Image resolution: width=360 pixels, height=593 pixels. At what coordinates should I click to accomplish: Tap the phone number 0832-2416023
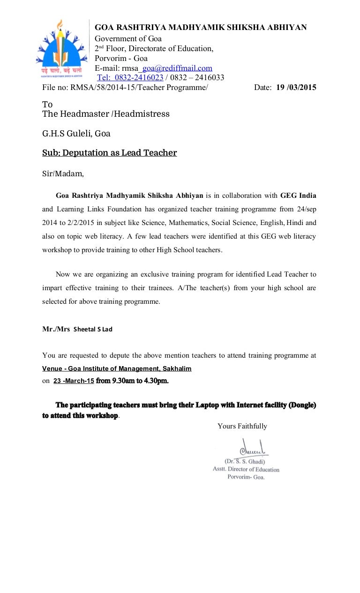[131, 77]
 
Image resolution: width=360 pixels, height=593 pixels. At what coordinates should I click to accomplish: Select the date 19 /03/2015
[296, 87]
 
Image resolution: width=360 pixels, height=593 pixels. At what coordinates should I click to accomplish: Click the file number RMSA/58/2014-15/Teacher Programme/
[138, 87]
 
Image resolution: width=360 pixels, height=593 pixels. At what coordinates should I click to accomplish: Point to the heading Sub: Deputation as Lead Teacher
[110, 153]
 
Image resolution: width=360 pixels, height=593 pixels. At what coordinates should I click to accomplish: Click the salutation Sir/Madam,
[63, 173]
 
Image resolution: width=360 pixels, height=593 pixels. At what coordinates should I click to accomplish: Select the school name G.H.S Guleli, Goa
[76, 134]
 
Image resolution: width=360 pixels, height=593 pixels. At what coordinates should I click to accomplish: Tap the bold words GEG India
[295, 195]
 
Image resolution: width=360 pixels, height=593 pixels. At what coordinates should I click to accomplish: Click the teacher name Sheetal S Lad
[92, 329]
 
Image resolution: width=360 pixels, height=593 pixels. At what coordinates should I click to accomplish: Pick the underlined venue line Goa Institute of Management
[117, 368]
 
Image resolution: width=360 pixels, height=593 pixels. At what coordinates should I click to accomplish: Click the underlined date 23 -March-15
[74, 381]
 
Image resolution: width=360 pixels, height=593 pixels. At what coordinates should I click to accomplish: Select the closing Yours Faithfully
[242, 426]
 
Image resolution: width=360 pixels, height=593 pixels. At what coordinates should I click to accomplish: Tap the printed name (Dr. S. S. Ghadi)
[245, 461]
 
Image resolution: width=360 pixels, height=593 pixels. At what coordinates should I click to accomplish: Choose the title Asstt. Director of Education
[246, 469]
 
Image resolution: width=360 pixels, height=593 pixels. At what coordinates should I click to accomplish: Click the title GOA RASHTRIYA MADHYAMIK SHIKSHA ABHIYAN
[201, 28]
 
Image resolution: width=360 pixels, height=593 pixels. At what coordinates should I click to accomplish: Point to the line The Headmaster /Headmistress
[106, 114]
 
